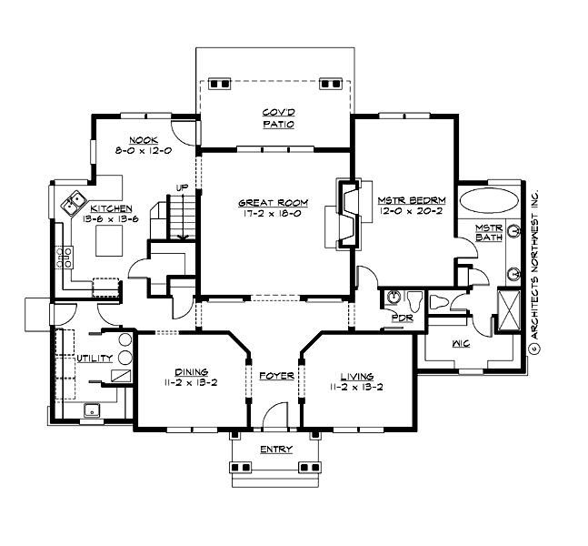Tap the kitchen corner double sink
coord(73,205)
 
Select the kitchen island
coord(112,240)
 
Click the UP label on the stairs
coord(182,188)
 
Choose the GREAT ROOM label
coord(274,202)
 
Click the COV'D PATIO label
coord(278,117)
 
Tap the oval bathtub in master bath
coord(488,201)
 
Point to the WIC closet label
coord(460,344)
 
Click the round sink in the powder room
coord(394,297)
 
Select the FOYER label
coord(274,375)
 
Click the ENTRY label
coord(274,450)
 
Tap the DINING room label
coord(193,372)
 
